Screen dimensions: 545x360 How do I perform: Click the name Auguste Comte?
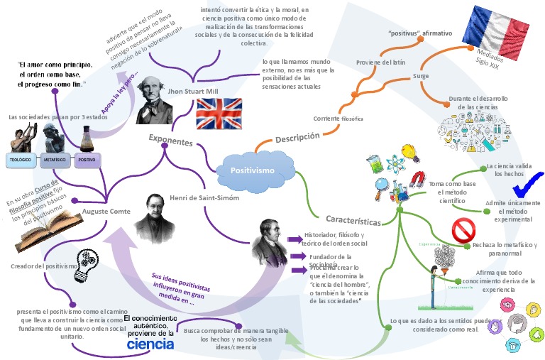pyautogui.click(x=104, y=211)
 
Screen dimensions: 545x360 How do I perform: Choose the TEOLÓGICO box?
pyautogui.click(x=19, y=160)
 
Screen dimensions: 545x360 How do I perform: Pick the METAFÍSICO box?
pyautogui.click(x=53, y=160)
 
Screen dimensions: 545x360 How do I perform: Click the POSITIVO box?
pyautogui.click(x=87, y=160)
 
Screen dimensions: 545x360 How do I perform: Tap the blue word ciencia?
pyautogui.click(x=150, y=344)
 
